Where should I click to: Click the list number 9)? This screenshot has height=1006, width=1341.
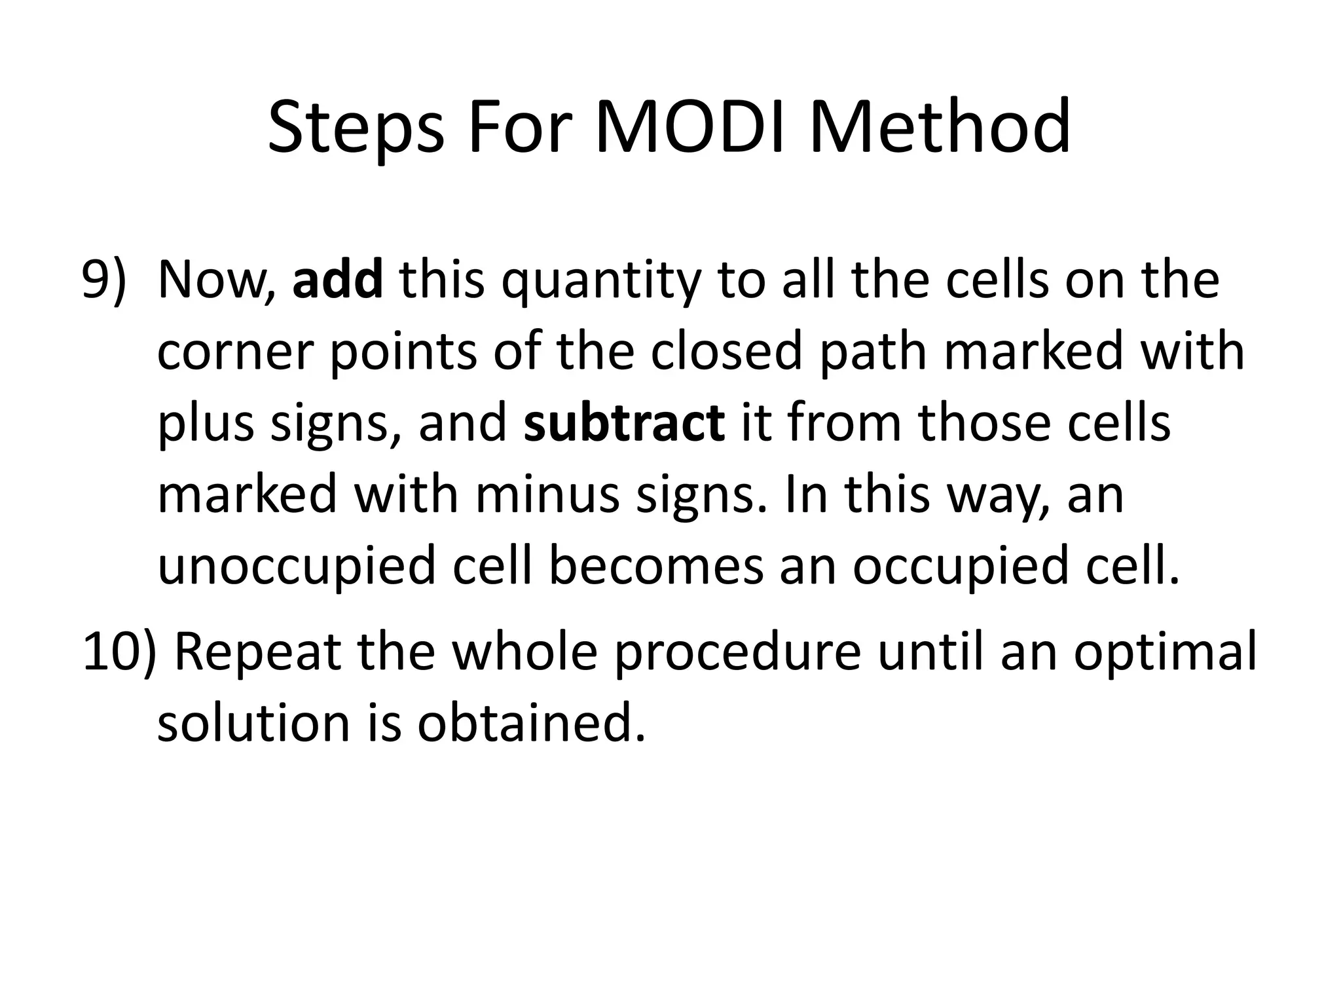[x=103, y=280]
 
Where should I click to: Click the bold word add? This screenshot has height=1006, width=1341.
[x=338, y=280]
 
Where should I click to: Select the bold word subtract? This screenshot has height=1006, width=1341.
[x=624, y=422]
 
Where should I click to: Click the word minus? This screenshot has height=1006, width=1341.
[x=547, y=494]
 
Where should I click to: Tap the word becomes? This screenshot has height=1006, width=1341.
[x=655, y=566]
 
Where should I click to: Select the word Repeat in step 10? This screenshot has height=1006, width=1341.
[x=258, y=653]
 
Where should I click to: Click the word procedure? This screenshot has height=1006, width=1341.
[x=737, y=653]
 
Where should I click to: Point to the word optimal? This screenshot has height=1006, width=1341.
[x=1165, y=653]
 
